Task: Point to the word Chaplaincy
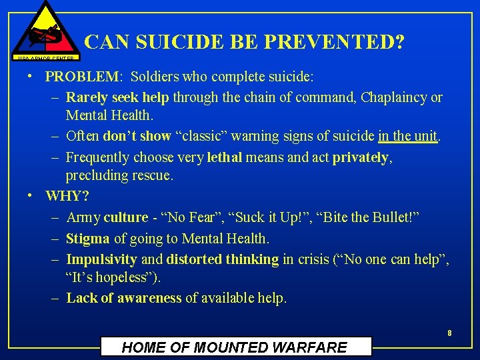click(393, 97)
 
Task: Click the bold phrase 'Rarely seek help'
click(117, 97)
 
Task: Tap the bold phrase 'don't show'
click(137, 137)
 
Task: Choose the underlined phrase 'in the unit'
click(407, 137)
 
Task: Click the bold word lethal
click(226, 158)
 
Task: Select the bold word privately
click(361, 158)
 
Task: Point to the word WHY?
click(67, 197)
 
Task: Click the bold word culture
click(126, 217)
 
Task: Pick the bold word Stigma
click(88, 238)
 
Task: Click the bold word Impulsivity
click(101, 259)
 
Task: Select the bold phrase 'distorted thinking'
click(223, 259)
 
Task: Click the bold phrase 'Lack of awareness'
click(124, 299)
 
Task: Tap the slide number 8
click(449, 333)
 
